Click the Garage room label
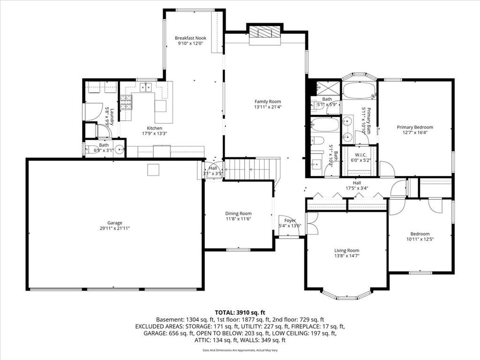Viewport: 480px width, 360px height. click(115, 223)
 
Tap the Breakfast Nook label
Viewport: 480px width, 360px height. click(190, 38)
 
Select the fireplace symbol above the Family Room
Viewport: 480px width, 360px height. click(264, 31)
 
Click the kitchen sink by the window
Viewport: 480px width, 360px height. click(146, 88)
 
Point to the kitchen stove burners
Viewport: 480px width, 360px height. click(126, 103)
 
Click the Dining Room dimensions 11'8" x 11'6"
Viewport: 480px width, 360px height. click(239, 219)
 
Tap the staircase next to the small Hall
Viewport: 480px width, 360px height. click(252, 169)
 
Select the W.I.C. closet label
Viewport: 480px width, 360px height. click(360, 155)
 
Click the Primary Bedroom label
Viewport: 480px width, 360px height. click(415, 127)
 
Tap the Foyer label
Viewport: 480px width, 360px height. click(290, 220)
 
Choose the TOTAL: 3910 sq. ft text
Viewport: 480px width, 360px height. click(240, 313)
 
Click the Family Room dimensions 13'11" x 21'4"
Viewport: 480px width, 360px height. click(268, 107)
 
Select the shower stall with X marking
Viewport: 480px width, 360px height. click(328, 89)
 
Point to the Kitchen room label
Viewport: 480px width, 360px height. click(155, 128)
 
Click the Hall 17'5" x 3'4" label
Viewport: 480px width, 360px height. click(357, 186)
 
